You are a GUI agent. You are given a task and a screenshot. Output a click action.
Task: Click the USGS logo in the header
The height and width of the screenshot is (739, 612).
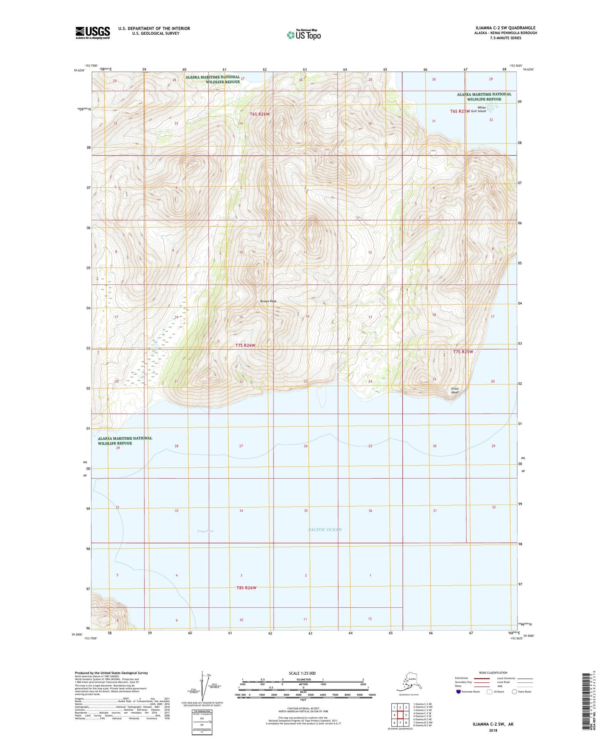(x=93, y=33)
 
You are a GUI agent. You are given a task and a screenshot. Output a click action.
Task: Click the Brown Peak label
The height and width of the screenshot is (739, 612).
(x=269, y=301)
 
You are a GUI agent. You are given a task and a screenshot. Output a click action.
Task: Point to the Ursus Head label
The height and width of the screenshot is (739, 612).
(x=454, y=390)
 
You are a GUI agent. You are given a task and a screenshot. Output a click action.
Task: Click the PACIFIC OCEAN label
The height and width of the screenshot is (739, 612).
(x=325, y=529)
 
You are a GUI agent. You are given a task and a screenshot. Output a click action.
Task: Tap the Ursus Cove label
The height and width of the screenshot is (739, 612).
(x=205, y=531)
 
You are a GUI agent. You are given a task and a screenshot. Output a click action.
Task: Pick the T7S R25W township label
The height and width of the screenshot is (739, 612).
(x=462, y=352)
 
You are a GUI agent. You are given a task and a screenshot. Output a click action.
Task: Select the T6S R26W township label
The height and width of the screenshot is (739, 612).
(x=260, y=114)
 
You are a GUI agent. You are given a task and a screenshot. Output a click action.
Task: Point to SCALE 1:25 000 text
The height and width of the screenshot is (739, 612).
(x=302, y=673)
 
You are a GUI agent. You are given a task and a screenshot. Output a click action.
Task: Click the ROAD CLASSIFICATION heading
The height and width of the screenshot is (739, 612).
(x=493, y=673)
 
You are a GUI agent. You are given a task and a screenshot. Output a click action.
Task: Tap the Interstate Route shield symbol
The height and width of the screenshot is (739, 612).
(x=459, y=692)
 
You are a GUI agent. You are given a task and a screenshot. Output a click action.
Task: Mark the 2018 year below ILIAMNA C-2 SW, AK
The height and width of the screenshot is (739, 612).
(x=493, y=730)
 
